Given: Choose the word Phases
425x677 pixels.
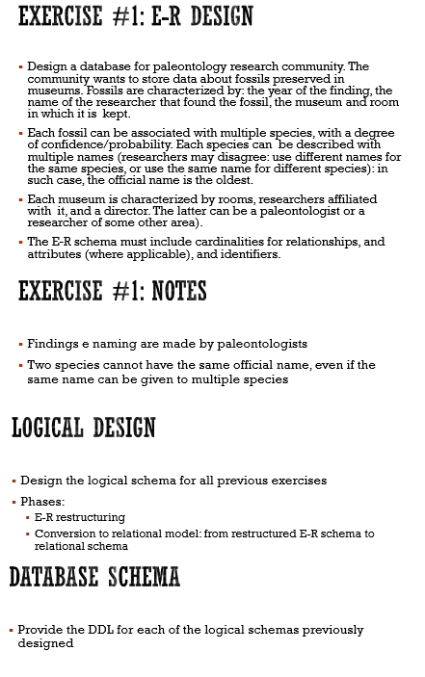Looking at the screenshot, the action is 43,502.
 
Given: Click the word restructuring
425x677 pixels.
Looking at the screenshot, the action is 91,517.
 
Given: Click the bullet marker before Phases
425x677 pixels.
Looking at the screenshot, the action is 14,503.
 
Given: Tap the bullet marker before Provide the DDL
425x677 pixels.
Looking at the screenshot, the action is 10,630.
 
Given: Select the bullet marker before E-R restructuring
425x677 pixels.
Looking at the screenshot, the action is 28,518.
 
